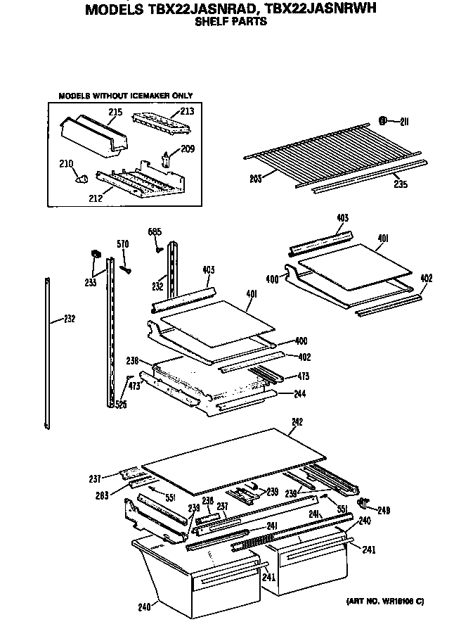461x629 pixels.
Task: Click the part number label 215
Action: click(116, 112)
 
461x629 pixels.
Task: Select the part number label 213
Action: click(187, 111)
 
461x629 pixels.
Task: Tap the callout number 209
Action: click(188, 148)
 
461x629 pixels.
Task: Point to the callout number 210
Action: click(66, 164)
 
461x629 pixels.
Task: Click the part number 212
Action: click(95, 198)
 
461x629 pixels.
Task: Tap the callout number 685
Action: click(155, 231)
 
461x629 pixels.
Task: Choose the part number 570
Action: click(122, 244)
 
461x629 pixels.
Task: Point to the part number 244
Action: click(300, 393)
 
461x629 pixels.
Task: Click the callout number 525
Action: click(122, 404)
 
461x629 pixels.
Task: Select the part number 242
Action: click(297, 422)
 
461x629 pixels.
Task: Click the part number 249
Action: click(384, 511)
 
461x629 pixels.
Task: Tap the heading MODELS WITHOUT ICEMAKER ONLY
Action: click(125, 95)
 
